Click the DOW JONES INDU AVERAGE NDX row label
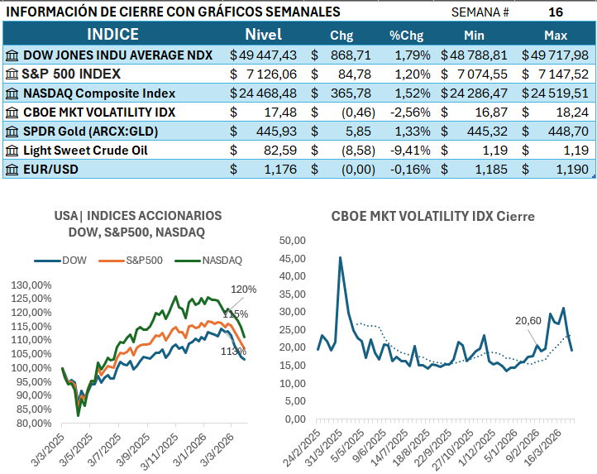pos(117,55)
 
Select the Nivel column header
pos(263,35)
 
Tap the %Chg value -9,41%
pos(410,150)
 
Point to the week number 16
pos(556,12)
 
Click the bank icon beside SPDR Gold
pos(12,131)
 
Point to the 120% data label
pos(244,290)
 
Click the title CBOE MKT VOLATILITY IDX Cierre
pos(432,217)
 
